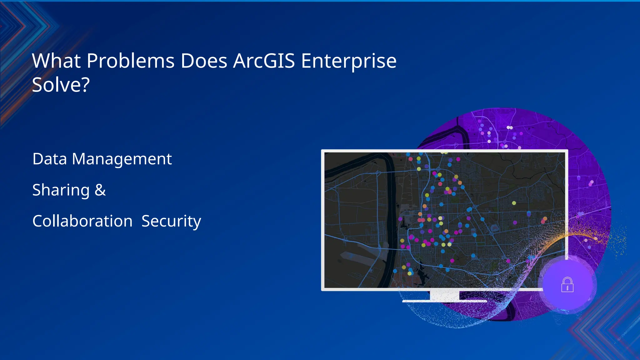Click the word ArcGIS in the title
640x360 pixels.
click(264, 61)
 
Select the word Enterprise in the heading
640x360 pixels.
click(348, 61)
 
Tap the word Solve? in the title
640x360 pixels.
click(61, 85)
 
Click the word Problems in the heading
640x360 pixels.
click(130, 61)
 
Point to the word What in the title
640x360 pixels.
click(56, 61)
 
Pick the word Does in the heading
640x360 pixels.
click(204, 61)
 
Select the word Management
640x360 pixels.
click(122, 159)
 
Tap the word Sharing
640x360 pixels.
click(61, 190)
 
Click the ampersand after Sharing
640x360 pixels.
click(100, 190)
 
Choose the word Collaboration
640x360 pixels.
click(82, 221)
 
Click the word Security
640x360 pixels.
click(171, 221)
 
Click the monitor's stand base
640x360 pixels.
click(444, 301)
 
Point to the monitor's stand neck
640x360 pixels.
click(444, 295)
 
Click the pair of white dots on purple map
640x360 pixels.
click(509, 127)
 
